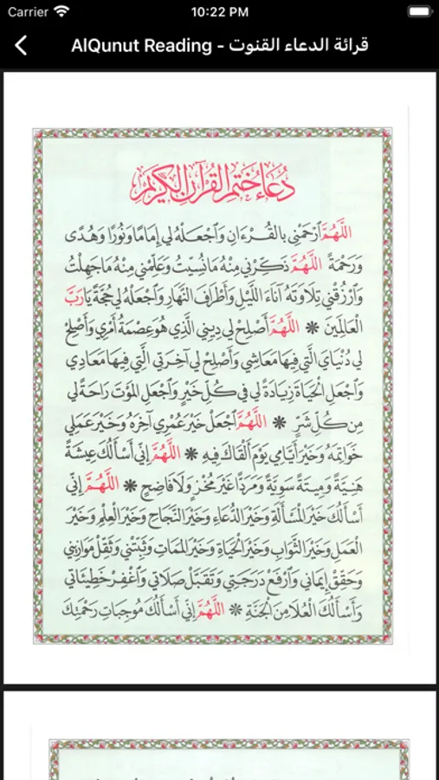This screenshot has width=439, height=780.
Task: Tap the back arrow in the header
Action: (22, 45)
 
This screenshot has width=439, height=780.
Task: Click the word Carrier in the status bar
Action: (28, 12)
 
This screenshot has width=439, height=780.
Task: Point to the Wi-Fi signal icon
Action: (61, 12)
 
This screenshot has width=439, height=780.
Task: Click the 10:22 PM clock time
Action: (220, 12)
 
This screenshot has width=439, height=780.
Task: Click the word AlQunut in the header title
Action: (105, 45)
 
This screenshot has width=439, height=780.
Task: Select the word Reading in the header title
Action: (176, 45)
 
